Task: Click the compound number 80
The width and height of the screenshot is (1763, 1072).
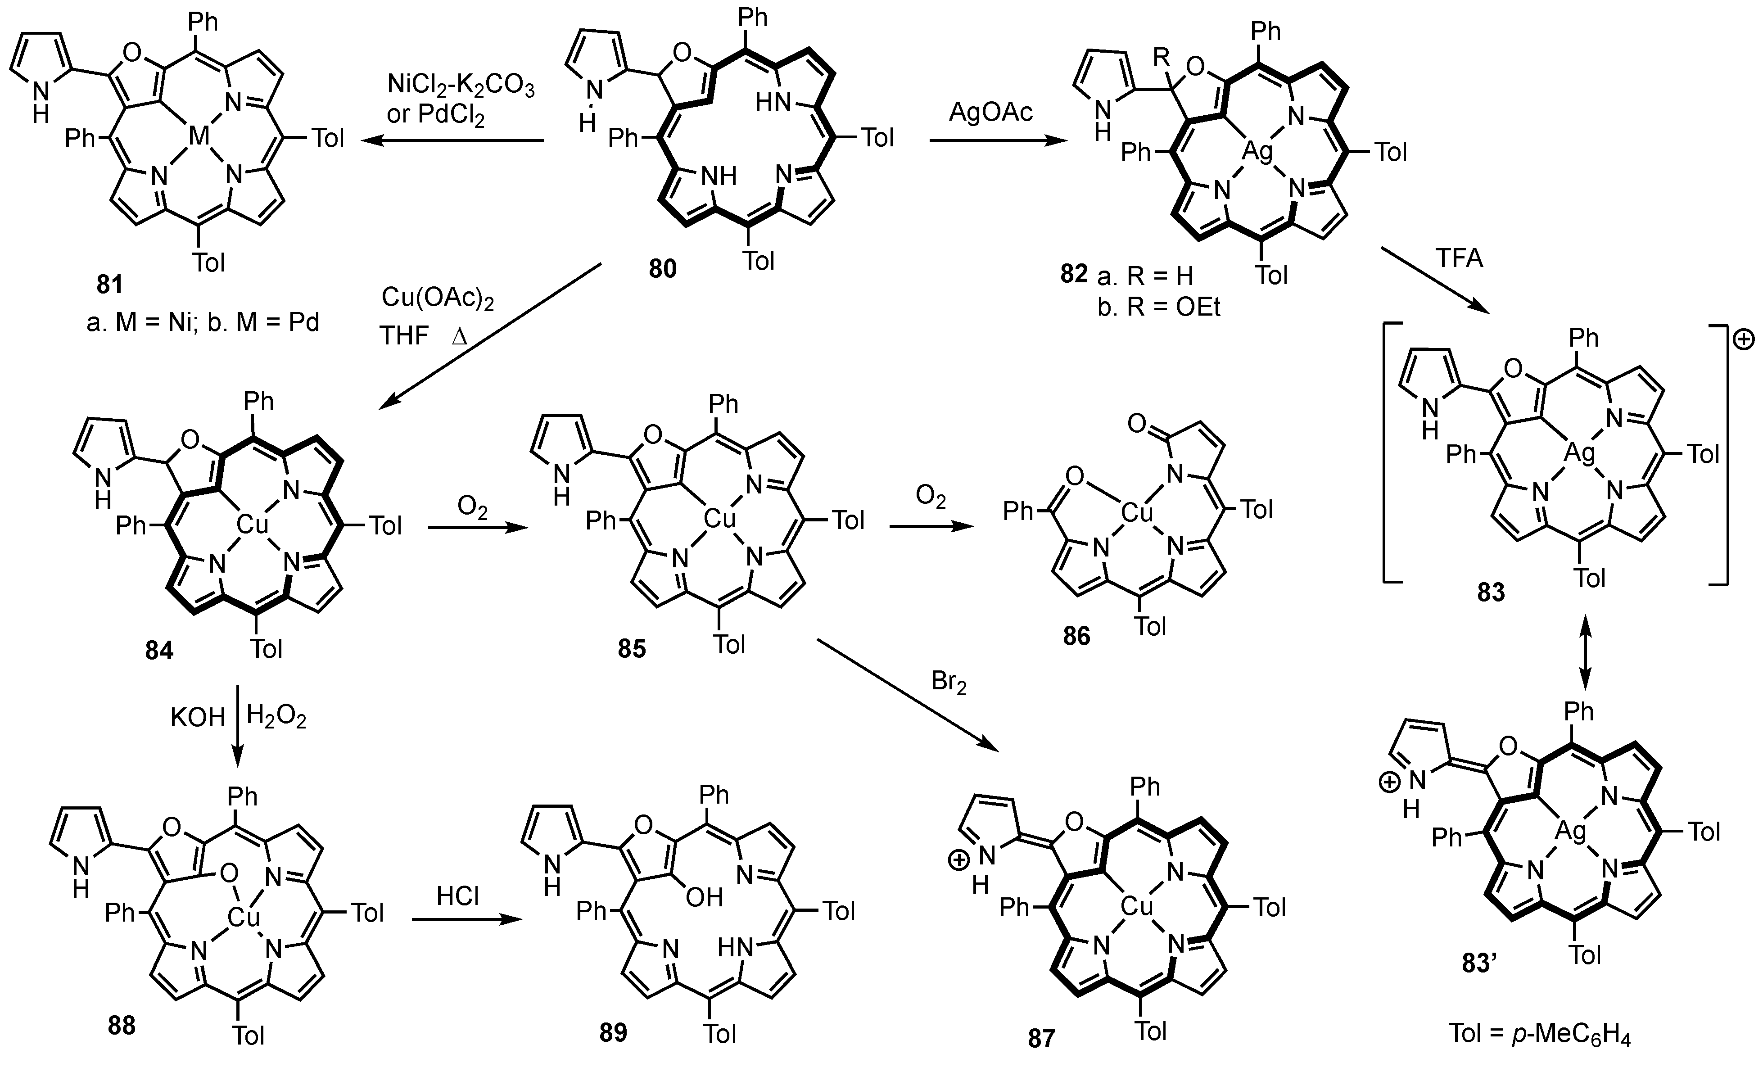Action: click(662, 269)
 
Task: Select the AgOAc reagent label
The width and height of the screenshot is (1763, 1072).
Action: click(991, 113)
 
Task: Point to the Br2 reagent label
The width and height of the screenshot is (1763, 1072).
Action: click(949, 682)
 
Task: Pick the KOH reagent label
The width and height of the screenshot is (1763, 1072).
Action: click(198, 717)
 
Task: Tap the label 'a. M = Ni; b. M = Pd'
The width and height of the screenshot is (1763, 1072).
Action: click(203, 323)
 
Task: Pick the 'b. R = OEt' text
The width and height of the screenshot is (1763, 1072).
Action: click(1159, 306)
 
